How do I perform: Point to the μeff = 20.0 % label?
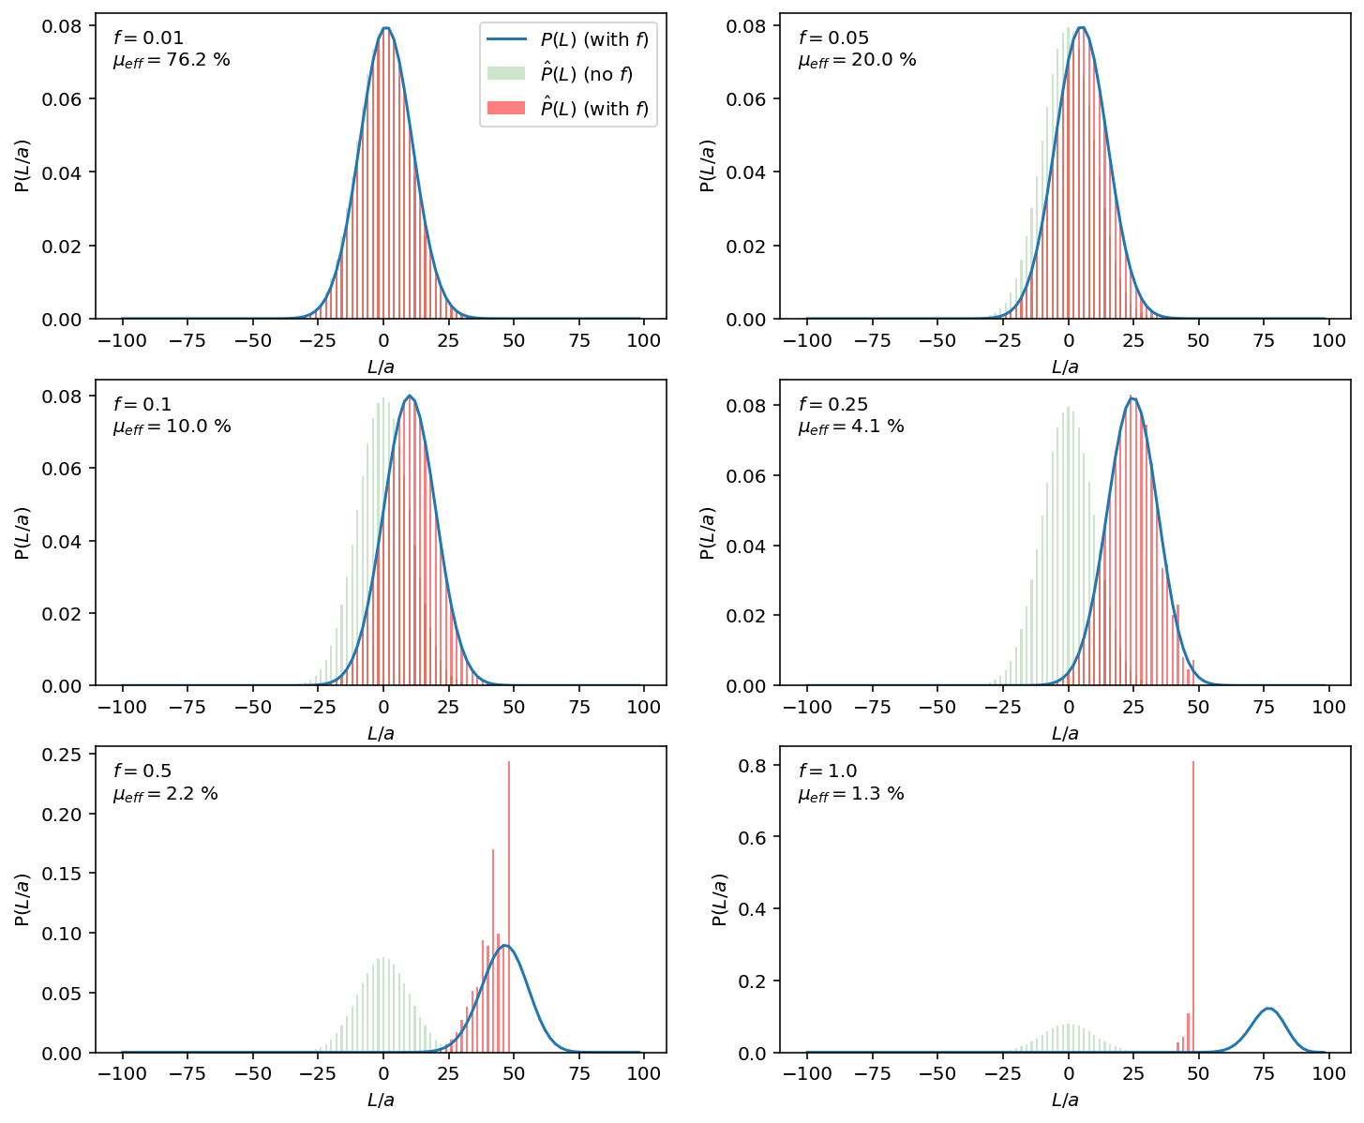857,60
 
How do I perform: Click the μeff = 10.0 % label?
172,427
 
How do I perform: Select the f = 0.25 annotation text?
833,405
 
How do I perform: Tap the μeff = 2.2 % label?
165,794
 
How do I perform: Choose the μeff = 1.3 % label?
850,794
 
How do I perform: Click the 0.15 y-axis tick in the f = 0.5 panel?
68,874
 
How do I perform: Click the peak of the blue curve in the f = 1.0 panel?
1269,1009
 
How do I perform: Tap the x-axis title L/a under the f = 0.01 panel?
381,367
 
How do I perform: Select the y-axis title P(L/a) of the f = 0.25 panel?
709,533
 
